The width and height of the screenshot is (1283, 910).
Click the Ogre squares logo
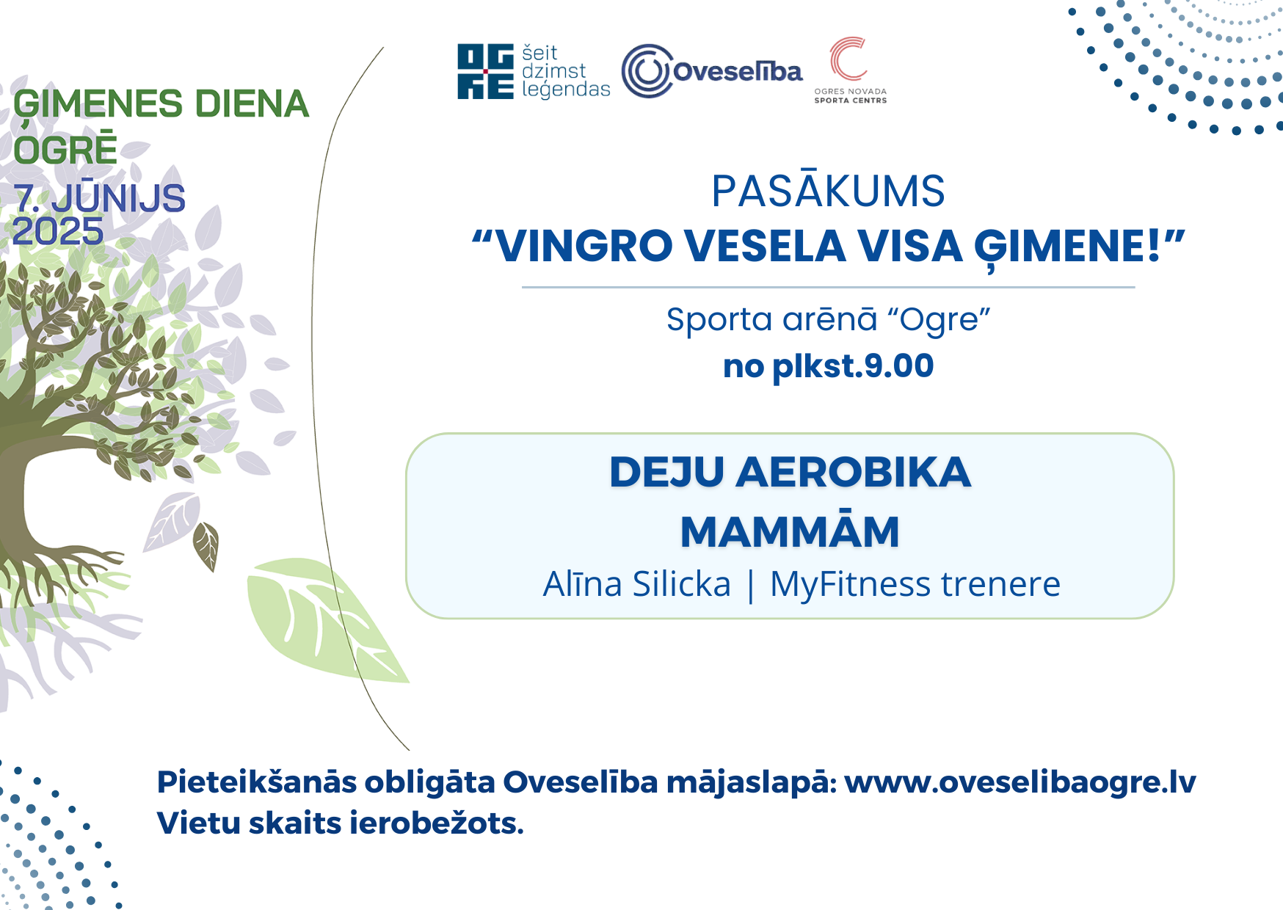point(485,71)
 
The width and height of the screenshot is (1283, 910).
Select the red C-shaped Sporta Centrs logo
point(849,58)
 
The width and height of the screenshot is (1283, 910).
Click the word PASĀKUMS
point(828,191)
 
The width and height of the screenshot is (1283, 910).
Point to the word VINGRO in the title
point(584,246)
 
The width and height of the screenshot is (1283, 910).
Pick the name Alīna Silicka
point(636,584)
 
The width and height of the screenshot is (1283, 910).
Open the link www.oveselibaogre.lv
point(1020,783)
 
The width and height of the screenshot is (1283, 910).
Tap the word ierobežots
point(437,823)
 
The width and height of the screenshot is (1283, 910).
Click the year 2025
point(58,232)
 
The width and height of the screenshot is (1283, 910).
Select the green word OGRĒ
point(65,148)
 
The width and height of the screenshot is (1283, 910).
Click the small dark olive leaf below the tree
point(206,545)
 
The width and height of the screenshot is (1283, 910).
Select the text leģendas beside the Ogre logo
point(566,90)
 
